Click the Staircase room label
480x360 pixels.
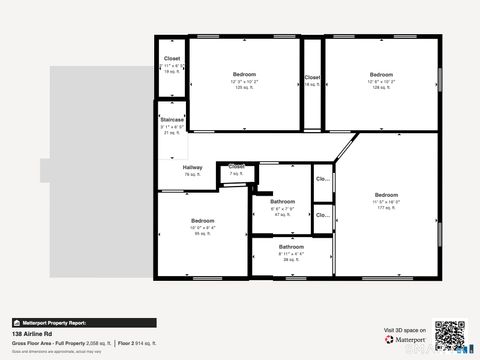coord(172,119)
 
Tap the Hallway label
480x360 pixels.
coord(193,167)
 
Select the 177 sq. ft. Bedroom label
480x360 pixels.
coord(386,194)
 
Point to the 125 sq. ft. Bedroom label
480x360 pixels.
coord(244,75)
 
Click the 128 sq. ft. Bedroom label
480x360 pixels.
coord(380,75)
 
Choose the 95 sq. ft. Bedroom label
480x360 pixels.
coord(203,220)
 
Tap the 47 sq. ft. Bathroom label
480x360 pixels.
coord(281,202)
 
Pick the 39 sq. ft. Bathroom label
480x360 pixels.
coord(291,246)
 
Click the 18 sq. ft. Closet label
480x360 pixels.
coord(172,59)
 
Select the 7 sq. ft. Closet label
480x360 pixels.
coord(236,166)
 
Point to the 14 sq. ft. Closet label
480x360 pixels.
coord(312,77)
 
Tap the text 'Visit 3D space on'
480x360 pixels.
coord(404,329)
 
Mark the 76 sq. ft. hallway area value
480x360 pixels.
coord(193,174)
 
